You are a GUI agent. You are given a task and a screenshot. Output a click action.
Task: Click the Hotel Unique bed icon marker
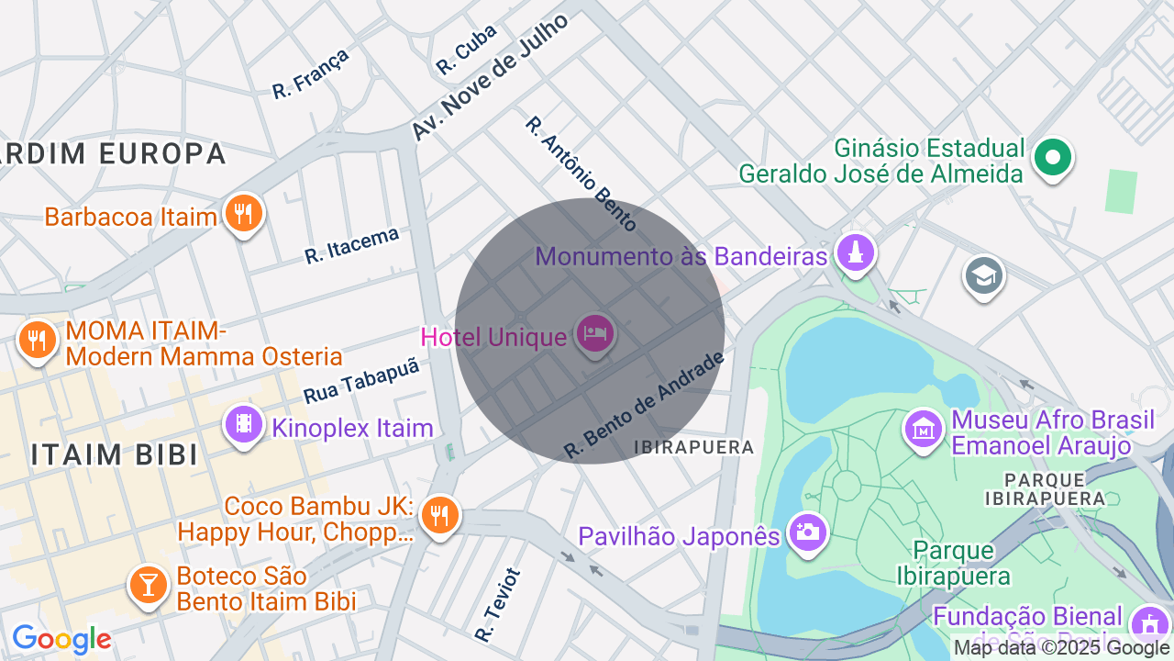(x=594, y=335)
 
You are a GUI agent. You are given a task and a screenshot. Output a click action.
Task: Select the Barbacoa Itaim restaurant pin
(x=243, y=215)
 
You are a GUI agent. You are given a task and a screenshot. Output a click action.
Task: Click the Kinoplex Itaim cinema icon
(x=243, y=425)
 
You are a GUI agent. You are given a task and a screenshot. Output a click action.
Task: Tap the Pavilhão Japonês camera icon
(x=808, y=532)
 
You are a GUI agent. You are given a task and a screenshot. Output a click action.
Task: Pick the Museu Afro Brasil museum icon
(x=925, y=429)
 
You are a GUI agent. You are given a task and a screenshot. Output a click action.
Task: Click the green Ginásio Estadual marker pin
(x=1052, y=158)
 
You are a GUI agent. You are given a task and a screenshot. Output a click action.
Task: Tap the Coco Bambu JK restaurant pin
(x=439, y=516)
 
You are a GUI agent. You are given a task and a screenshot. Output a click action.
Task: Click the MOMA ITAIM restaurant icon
(x=37, y=340)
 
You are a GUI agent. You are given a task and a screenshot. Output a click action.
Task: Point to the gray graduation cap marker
(x=984, y=275)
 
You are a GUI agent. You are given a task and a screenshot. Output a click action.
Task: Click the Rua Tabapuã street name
(x=361, y=380)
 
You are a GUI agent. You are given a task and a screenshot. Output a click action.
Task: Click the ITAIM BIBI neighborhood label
(x=115, y=454)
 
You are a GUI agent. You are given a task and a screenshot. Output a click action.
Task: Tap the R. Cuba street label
(x=466, y=49)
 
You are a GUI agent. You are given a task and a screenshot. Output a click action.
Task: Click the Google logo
(x=61, y=638)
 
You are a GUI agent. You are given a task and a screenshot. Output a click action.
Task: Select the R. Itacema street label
(x=352, y=245)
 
